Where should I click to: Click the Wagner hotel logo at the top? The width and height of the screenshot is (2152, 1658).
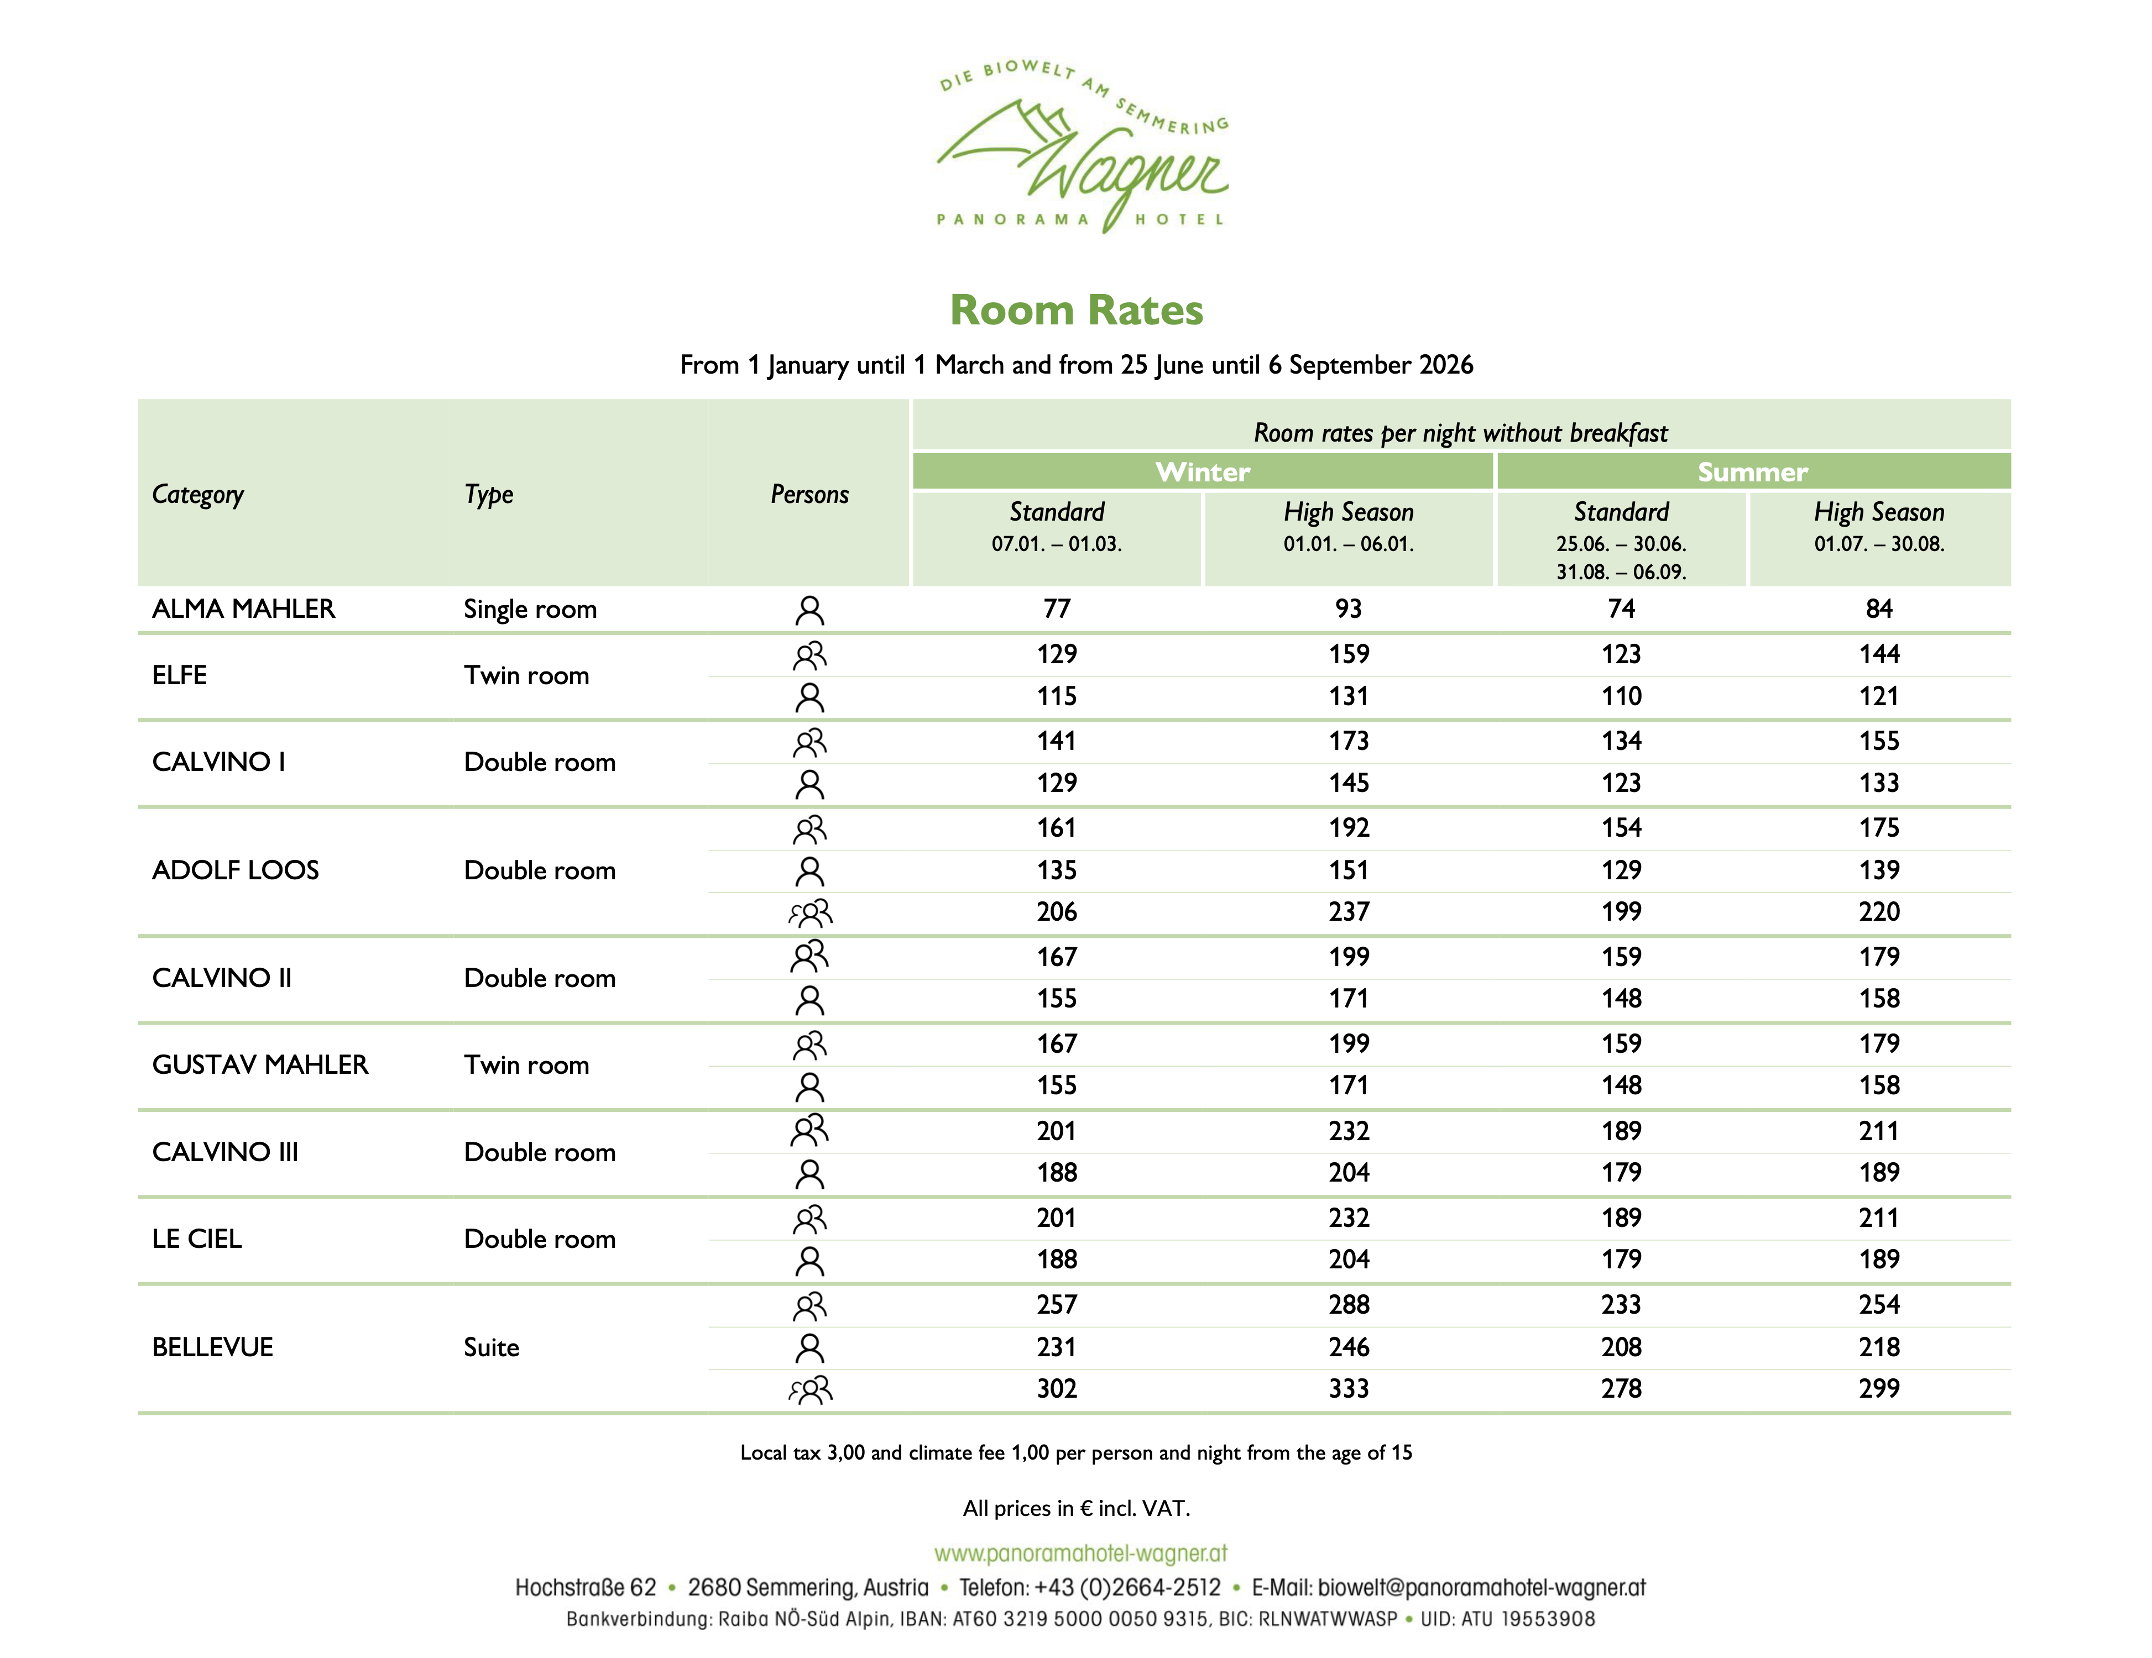click(x=1082, y=148)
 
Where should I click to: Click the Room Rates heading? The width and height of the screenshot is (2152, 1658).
click(x=1076, y=310)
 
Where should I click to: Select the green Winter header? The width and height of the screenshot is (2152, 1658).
click(x=1202, y=472)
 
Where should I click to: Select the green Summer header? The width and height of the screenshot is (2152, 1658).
click(x=1752, y=472)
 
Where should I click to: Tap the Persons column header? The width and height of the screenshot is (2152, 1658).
click(x=809, y=495)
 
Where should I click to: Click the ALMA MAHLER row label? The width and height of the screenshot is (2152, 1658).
click(x=243, y=609)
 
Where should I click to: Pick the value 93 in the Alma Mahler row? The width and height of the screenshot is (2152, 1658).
click(x=1348, y=609)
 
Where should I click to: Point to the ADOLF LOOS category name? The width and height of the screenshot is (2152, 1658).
click(x=236, y=870)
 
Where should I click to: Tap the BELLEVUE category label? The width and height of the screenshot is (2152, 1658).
click(x=213, y=1347)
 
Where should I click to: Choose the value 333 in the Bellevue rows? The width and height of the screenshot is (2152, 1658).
click(x=1348, y=1389)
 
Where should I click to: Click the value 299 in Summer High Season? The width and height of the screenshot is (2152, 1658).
click(x=1878, y=1389)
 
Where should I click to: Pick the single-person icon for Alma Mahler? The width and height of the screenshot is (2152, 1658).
click(x=809, y=611)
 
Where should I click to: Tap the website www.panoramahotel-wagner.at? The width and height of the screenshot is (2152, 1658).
click(x=1081, y=1554)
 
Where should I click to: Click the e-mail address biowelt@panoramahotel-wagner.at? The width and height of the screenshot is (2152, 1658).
click(x=1481, y=1588)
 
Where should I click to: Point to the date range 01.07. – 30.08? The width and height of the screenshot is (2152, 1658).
click(x=1878, y=544)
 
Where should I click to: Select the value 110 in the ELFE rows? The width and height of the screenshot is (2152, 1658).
click(x=1621, y=696)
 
